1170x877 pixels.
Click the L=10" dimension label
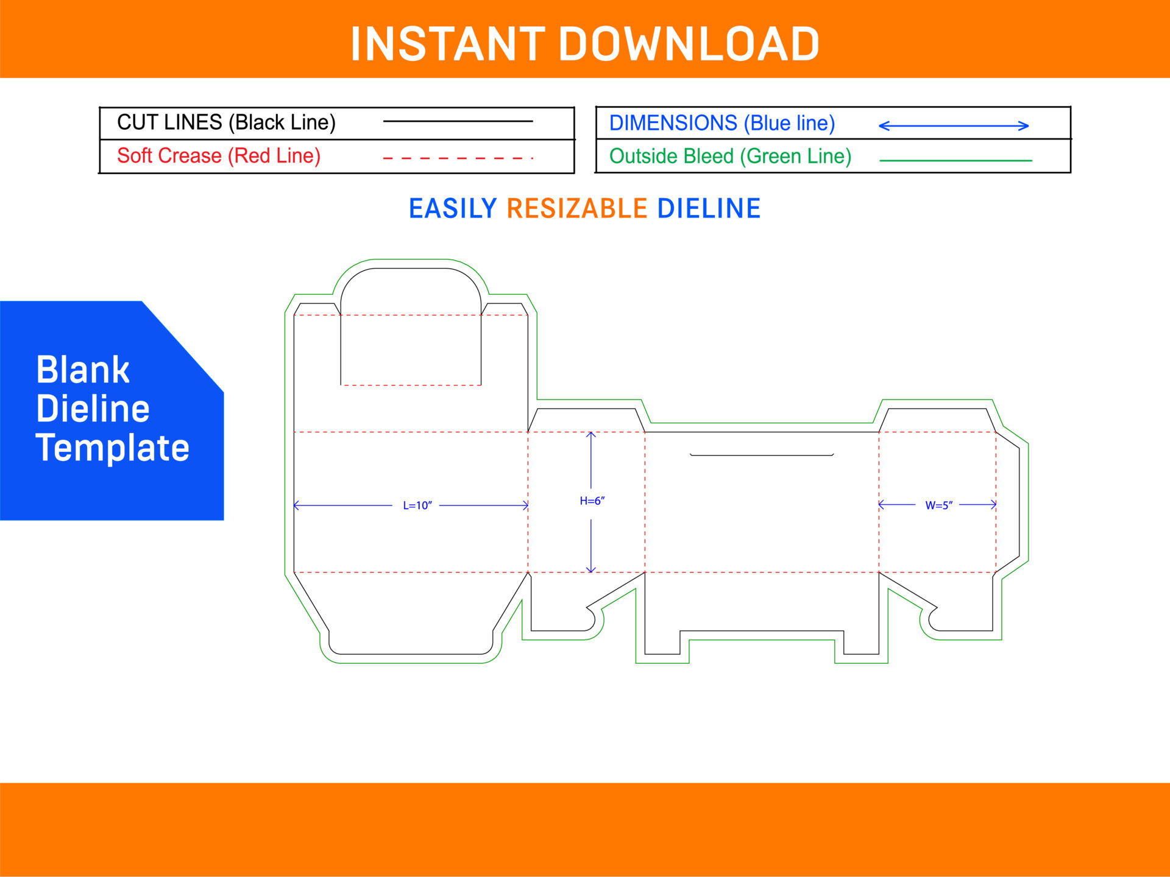pyautogui.click(x=417, y=505)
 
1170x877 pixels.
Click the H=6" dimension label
pyautogui.click(x=592, y=501)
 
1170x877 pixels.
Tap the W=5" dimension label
pyautogui.click(x=938, y=505)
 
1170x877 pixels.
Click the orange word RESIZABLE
pyautogui.click(x=576, y=208)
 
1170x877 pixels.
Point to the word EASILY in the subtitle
pyautogui.click(x=453, y=208)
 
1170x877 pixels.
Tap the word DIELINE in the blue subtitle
pyautogui.click(x=709, y=208)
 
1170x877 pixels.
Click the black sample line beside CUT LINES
pyautogui.click(x=458, y=121)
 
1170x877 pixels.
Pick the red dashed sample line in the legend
pyautogui.click(x=458, y=158)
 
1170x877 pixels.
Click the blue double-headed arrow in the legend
pyautogui.click(x=954, y=126)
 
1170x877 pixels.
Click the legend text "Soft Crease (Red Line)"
pyautogui.click(x=219, y=156)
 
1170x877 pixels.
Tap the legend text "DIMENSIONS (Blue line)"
pyautogui.click(x=722, y=123)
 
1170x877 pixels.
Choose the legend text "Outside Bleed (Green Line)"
pyautogui.click(x=730, y=157)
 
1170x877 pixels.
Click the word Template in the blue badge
pyautogui.click(x=113, y=448)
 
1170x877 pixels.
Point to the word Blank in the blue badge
pyautogui.click(x=83, y=370)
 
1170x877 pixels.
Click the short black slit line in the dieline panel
pyautogui.click(x=761, y=455)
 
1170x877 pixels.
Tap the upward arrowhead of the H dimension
pyautogui.click(x=590, y=434)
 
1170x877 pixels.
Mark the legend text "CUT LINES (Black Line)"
pyautogui.click(x=226, y=122)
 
